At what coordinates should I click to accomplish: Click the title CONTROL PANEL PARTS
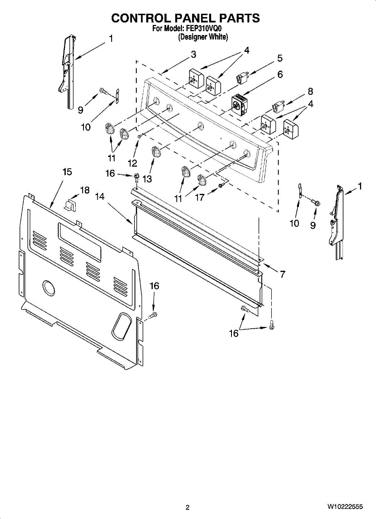(185, 18)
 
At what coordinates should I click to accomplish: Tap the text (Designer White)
(203, 37)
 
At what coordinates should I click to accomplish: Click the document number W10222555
(345, 506)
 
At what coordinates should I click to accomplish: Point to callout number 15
(67, 172)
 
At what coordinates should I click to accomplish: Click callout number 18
(84, 190)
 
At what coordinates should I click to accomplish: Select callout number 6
(280, 74)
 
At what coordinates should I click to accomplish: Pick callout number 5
(280, 58)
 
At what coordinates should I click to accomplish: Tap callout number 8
(310, 91)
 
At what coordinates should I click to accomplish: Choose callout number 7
(282, 274)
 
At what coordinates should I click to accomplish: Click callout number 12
(132, 163)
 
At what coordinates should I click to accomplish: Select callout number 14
(100, 196)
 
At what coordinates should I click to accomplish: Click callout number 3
(193, 54)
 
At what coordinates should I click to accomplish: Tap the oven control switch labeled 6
(238, 104)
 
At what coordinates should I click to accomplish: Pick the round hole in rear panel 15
(48, 288)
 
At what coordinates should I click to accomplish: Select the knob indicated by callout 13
(156, 152)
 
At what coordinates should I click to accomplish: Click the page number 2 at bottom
(187, 507)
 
